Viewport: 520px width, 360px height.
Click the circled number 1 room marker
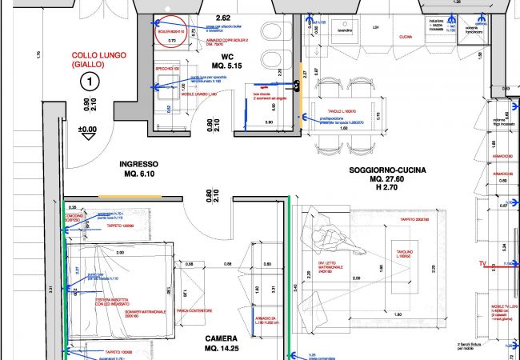(91, 81)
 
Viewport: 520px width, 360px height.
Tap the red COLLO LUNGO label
(90, 58)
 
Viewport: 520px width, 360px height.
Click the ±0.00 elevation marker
(86, 129)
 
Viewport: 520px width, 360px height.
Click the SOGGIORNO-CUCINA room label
(386, 172)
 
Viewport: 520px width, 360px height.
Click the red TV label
(482, 263)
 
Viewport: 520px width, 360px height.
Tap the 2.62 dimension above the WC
(222, 18)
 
